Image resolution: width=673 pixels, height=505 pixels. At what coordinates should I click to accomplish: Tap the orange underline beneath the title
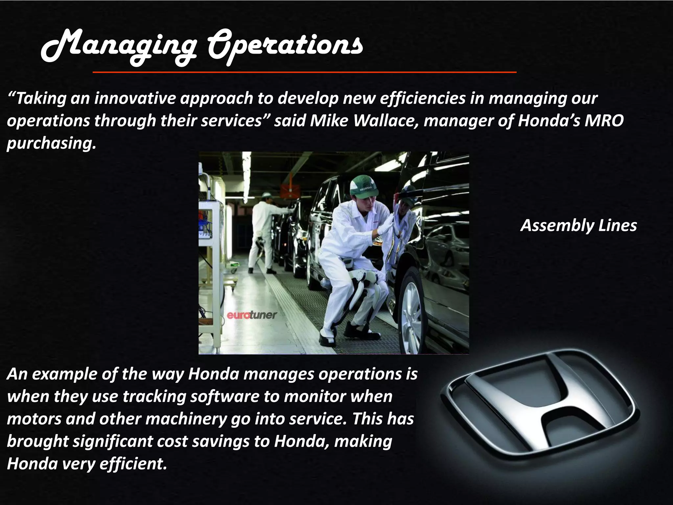click(x=304, y=72)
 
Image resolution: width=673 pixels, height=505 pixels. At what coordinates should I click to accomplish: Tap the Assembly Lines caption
click(x=579, y=226)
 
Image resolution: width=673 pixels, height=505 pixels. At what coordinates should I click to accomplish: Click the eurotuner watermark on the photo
click(x=252, y=315)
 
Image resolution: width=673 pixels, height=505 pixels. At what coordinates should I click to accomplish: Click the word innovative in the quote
click(x=135, y=98)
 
